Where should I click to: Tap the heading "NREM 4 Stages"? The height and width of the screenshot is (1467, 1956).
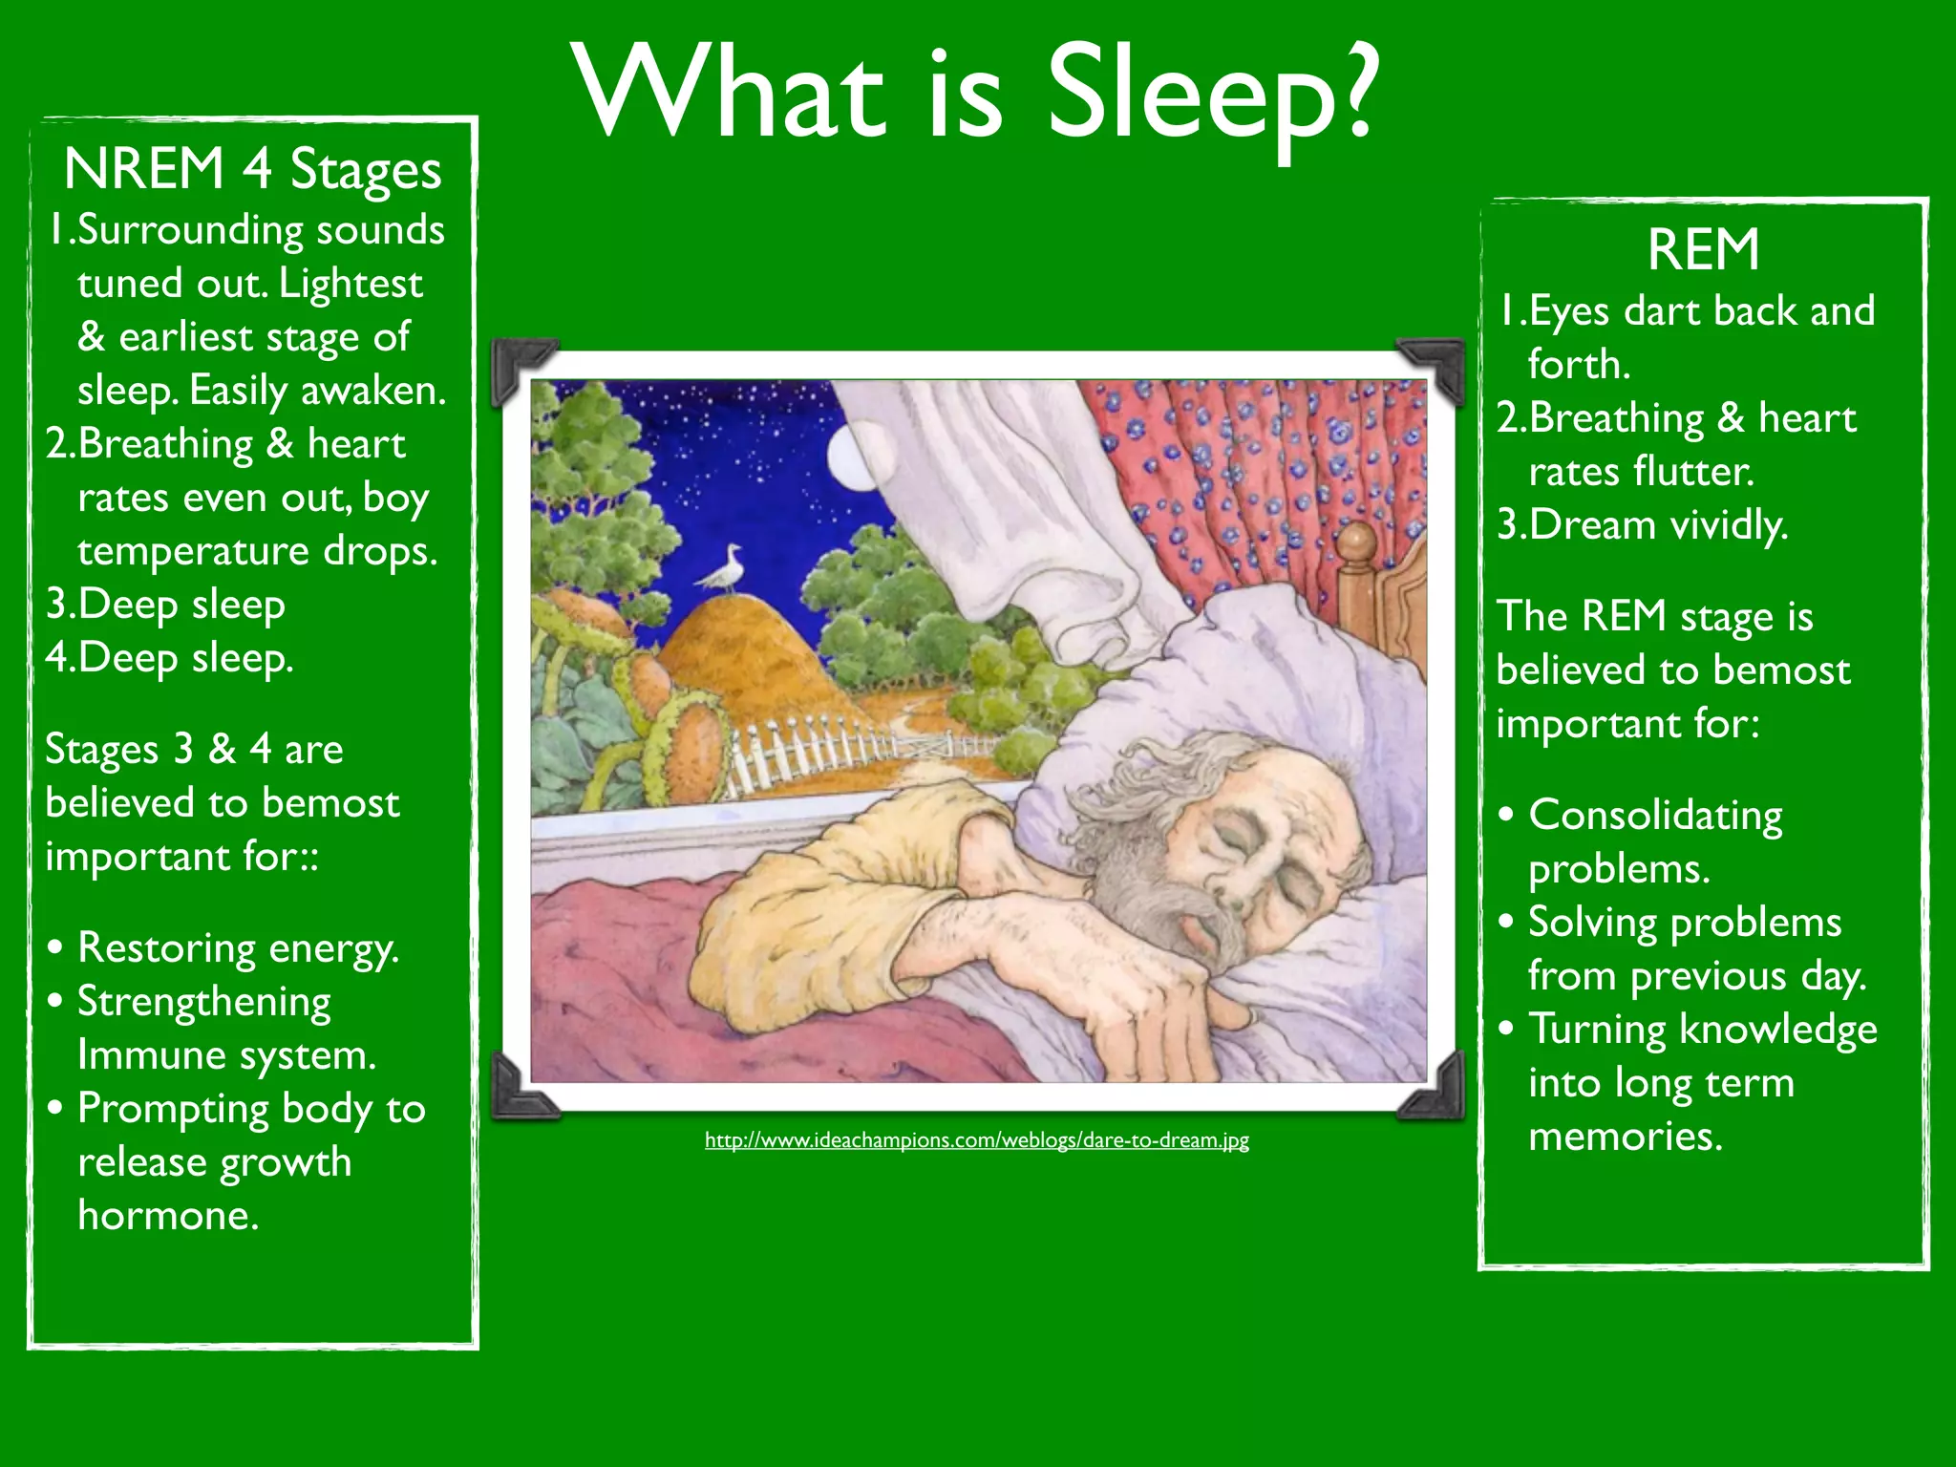click(x=252, y=170)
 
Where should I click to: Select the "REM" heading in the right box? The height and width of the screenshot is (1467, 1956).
click(x=1703, y=250)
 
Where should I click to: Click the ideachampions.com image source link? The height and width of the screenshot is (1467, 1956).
click(x=976, y=1139)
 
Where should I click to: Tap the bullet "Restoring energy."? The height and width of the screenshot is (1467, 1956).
click(x=238, y=948)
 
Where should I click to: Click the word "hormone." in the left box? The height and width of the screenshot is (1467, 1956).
click(x=168, y=1216)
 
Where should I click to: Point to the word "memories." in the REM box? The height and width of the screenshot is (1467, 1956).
click(x=1626, y=1137)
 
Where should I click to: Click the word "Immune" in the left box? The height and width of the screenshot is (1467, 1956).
click(x=151, y=1055)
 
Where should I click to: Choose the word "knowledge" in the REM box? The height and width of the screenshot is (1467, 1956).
click(x=1777, y=1030)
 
